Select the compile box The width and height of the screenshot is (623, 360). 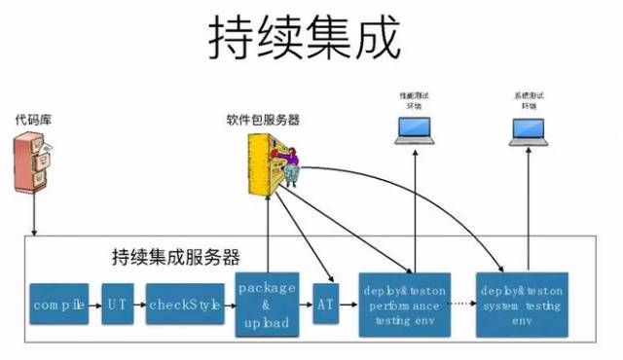click(x=59, y=305)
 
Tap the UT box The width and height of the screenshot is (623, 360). click(x=118, y=305)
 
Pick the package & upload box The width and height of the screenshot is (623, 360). click(x=266, y=305)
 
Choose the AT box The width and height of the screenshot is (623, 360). click(x=326, y=304)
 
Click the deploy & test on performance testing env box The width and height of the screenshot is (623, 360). click(x=405, y=305)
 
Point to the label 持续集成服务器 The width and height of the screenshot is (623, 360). click(x=175, y=258)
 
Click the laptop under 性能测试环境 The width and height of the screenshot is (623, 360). click(x=414, y=131)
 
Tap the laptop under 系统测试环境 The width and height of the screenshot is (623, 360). click(x=530, y=131)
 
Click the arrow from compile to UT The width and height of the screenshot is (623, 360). click(x=94, y=305)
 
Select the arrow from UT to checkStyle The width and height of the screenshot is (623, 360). click(x=140, y=305)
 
